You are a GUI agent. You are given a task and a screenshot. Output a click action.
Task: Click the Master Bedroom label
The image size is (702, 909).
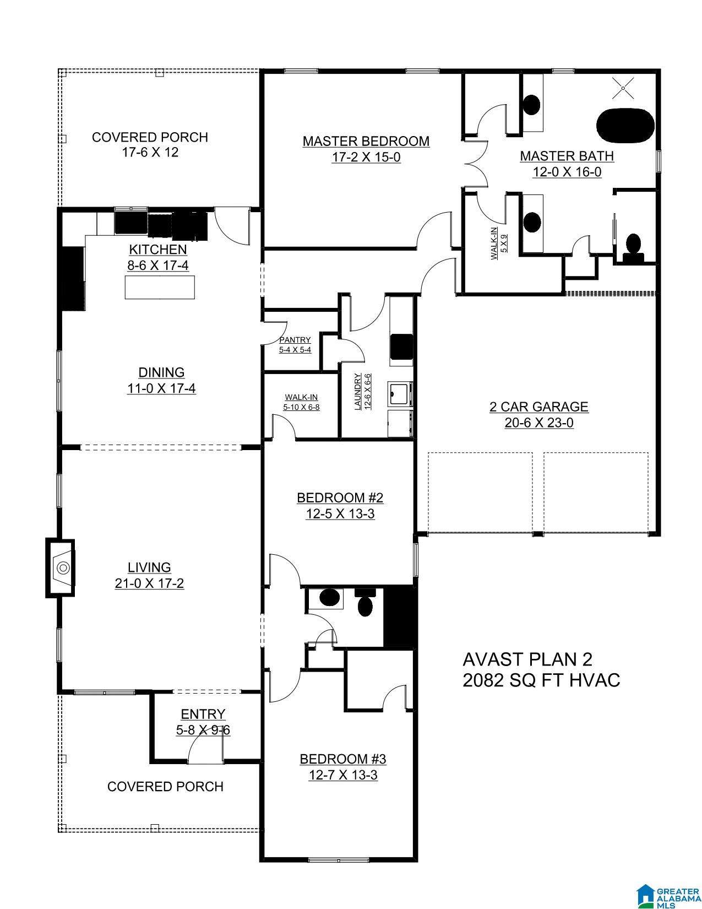point(366,142)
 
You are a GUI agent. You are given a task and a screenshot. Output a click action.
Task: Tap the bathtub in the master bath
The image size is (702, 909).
point(625,126)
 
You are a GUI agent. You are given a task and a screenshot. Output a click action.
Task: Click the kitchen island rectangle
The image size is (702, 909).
point(160,287)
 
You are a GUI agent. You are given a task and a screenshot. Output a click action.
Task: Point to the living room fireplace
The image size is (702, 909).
point(60,568)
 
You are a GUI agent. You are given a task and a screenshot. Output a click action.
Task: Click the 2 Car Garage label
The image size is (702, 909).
point(539,407)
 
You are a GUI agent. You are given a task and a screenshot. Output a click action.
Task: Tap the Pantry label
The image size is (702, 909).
point(295,340)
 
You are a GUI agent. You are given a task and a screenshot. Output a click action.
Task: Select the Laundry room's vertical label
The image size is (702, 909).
point(357,392)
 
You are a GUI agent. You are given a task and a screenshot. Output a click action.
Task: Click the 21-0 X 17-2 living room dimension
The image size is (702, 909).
point(149,583)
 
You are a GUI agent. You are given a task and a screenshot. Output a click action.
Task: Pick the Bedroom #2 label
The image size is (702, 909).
point(340,498)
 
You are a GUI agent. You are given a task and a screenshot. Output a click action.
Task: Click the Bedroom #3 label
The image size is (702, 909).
point(343,759)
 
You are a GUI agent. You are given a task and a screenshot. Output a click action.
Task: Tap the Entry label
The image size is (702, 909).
point(203,714)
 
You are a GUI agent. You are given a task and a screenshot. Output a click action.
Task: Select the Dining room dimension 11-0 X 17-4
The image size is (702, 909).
point(161,388)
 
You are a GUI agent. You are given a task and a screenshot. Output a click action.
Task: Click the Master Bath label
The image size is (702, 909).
point(567,156)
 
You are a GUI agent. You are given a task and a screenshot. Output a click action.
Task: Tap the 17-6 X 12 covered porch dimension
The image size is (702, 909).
point(150,152)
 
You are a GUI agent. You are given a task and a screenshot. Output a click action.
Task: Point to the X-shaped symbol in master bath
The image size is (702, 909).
point(623,88)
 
